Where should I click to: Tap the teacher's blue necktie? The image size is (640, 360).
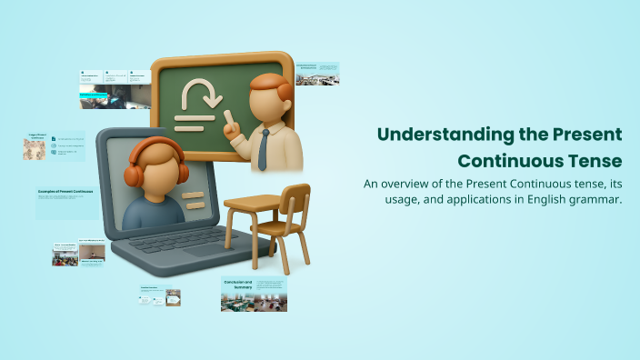(x=263, y=150)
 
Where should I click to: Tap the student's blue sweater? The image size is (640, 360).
(x=150, y=215)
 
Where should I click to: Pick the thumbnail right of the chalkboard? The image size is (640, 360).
(x=317, y=74)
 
